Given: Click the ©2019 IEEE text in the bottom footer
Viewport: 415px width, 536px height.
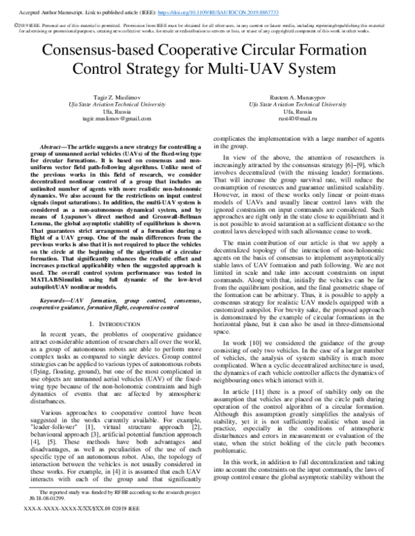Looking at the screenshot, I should coord(131,528).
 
